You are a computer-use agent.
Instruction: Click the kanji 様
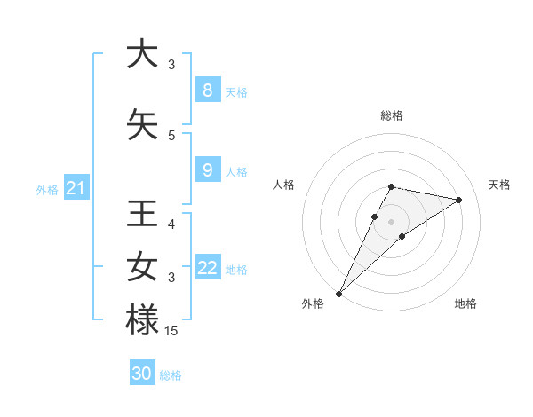(x=141, y=320)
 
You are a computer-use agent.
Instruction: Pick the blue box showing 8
(x=207, y=90)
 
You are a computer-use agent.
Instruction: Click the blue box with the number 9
(x=207, y=170)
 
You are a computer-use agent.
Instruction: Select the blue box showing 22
(x=207, y=268)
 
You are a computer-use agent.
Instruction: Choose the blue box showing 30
(x=142, y=374)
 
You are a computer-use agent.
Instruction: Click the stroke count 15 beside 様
(x=171, y=331)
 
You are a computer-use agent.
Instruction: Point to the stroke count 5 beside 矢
(x=171, y=136)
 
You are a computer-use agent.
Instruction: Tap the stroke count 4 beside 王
(x=171, y=224)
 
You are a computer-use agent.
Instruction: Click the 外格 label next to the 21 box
(x=46, y=189)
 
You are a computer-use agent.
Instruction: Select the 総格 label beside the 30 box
(x=171, y=375)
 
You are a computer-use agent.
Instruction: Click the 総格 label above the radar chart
(x=391, y=115)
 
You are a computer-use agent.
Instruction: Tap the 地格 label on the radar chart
(x=465, y=303)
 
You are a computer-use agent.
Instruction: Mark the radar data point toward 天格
(x=459, y=200)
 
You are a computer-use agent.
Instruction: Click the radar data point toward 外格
(x=338, y=293)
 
